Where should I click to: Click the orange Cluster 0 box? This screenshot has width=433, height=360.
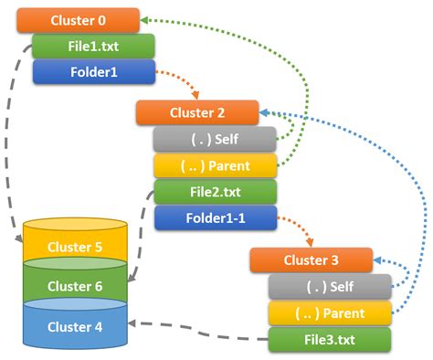click(x=78, y=20)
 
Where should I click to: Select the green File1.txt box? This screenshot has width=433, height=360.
click(x=93, y=46)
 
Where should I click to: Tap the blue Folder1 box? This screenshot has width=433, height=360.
click(x=93, y=71)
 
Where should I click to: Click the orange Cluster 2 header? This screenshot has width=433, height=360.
click(x=196, y=112)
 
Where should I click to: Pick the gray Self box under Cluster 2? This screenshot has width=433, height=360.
click(x=215, y=139)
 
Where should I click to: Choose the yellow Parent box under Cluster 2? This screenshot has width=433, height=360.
click(x=215, y=165)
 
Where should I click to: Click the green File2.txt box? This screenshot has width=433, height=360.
click(x=215, y=192)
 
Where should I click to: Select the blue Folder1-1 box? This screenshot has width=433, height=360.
click(x=215, y=218)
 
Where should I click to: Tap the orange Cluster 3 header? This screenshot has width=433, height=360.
click(x=311, y=260)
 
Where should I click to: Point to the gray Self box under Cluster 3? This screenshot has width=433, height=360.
click(x=329, y=287)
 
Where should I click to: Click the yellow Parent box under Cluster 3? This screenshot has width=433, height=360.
click(x=329, y=313)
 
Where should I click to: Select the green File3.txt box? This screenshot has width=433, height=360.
click(x=329, y=340)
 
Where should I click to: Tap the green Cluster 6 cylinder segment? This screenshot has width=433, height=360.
click(x=75, y=286)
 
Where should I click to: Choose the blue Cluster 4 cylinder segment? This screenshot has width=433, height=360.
click(x=75, y=325)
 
